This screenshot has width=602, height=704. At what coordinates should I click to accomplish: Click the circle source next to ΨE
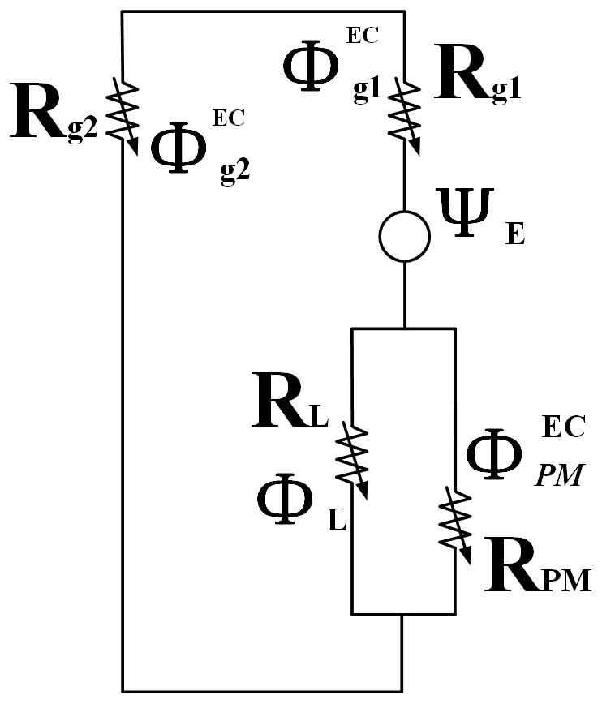404,235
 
